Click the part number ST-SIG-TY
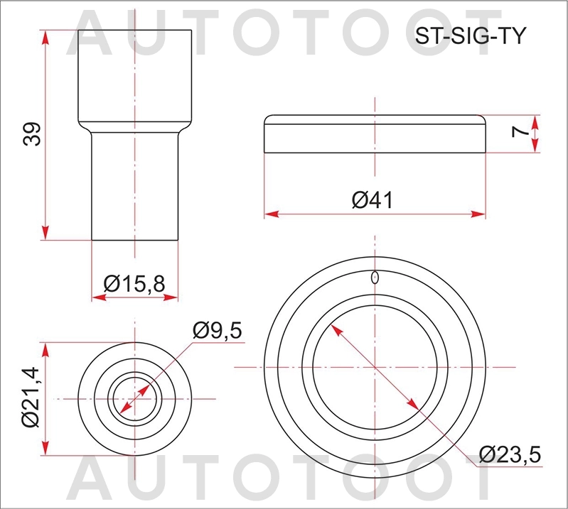click(470, 37)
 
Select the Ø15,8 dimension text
click(134, 283)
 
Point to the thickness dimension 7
click(519, 132)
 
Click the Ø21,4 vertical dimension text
click(31, 400)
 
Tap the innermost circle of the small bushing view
click(134, 398)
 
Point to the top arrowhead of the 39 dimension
click(46, 36)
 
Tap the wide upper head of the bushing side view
click(134, 75)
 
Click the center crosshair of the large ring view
click(375, 366)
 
